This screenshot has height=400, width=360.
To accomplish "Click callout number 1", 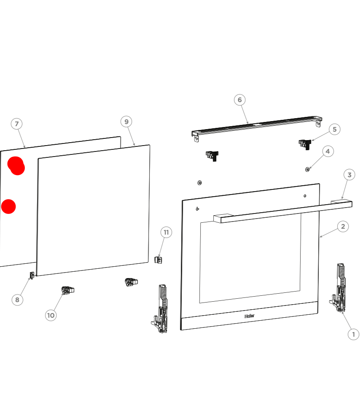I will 353,334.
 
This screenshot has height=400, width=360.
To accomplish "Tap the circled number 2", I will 343,227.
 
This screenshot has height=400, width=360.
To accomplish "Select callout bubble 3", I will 349,175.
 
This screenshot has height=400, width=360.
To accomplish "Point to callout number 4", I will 328,151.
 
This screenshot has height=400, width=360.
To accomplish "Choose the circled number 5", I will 335,130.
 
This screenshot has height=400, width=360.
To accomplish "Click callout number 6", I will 240,100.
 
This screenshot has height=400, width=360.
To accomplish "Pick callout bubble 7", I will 17,124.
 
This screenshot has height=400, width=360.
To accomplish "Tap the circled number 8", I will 17,300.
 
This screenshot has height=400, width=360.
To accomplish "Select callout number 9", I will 126,122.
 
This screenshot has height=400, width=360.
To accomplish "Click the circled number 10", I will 51,315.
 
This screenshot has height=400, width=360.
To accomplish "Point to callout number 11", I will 167,232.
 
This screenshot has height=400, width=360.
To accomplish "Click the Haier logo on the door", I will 250,316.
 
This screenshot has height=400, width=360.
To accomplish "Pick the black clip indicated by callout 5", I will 305,144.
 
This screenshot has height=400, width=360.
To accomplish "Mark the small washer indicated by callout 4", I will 308,169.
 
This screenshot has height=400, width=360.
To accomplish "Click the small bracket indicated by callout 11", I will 159,260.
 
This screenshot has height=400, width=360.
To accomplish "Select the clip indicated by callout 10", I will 67,290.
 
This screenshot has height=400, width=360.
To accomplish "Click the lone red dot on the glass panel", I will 8,207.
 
